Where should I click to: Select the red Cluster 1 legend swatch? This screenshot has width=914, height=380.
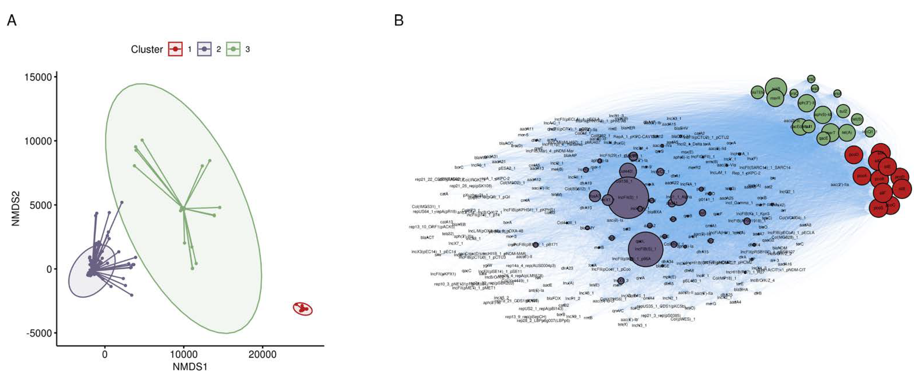(175, 49)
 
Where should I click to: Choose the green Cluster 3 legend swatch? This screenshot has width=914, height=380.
(233, 49)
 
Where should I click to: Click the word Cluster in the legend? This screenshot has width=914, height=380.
(147, 49)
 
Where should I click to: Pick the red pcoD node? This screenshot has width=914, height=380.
(854, 155)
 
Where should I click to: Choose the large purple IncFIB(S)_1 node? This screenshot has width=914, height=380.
(645, 249)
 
